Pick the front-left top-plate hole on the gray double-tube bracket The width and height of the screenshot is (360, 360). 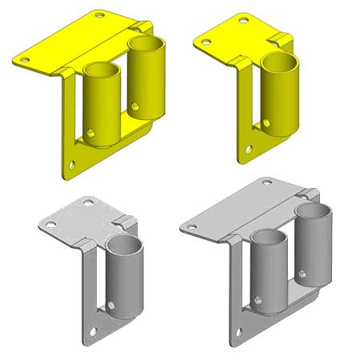coord(193,226)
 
